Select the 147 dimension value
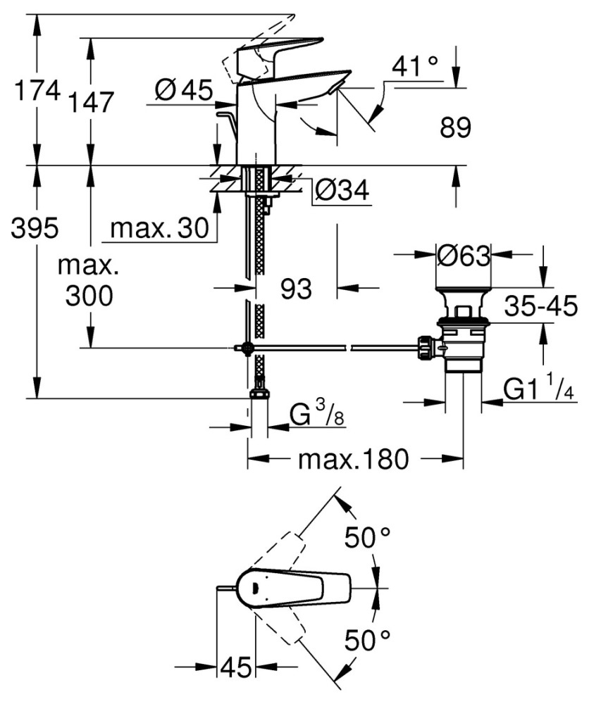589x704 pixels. pyautogui.click(x=92, y=103)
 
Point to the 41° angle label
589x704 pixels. pyautogui.click(x=416, y=68)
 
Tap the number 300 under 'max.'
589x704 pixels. pyautogui.click(x=89, y=296)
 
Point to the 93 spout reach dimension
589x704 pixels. pyautogui.click(x=295, y=289)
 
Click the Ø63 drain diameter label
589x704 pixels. pyautogui.click(x=463, y=256)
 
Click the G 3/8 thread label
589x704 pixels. pyautogui.click(x=316, y=417)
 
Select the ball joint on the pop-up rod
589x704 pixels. pyautogui.click(x=247, y=348)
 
